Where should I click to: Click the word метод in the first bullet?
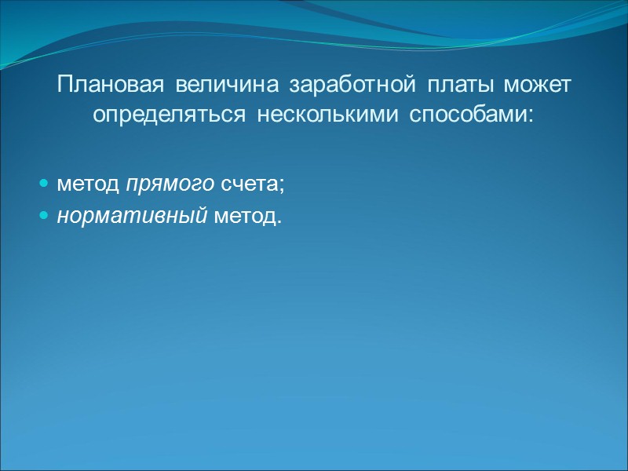89,184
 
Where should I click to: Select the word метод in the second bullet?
244,214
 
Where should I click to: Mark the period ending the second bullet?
279,220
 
